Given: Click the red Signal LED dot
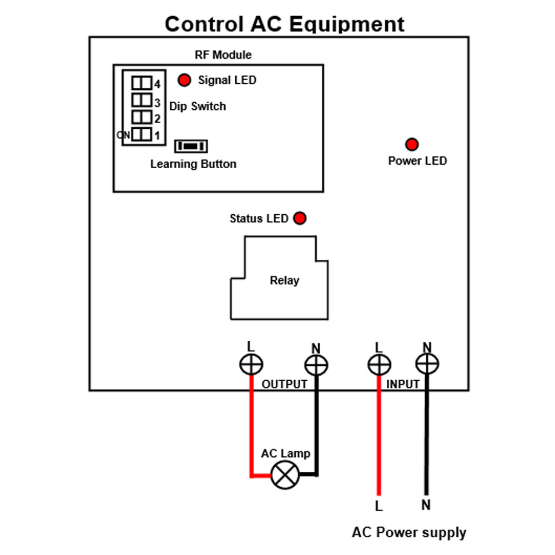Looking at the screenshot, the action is coord(184,80).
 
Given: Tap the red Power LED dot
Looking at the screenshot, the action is coord(412,144).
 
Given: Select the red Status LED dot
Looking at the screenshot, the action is coord(300,218).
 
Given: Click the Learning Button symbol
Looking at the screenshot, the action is coord(191,146).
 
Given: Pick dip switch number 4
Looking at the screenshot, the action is coord(142,83).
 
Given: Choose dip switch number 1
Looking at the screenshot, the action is coord(142,134).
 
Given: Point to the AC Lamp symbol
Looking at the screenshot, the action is coord(285,475).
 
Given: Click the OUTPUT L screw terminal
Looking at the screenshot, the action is coord(251,364).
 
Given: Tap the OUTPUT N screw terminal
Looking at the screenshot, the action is coord(316,365).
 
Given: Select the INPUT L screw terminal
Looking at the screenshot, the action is coord(379,365).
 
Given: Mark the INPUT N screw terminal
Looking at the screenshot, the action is coord(427,364).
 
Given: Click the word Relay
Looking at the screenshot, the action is coord(285,281).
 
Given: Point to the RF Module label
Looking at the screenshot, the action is coord(223,55).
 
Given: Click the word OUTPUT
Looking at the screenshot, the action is coord(285,385).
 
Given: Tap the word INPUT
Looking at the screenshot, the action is coord(403,385).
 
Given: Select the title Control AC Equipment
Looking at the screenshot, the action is coord(285,24).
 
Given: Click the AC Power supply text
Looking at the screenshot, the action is coord(409,533).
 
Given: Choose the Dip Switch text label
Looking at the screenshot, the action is coord(198,106).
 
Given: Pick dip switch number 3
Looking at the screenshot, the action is coord(142,100).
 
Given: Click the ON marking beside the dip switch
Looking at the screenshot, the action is coord(123,135).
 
